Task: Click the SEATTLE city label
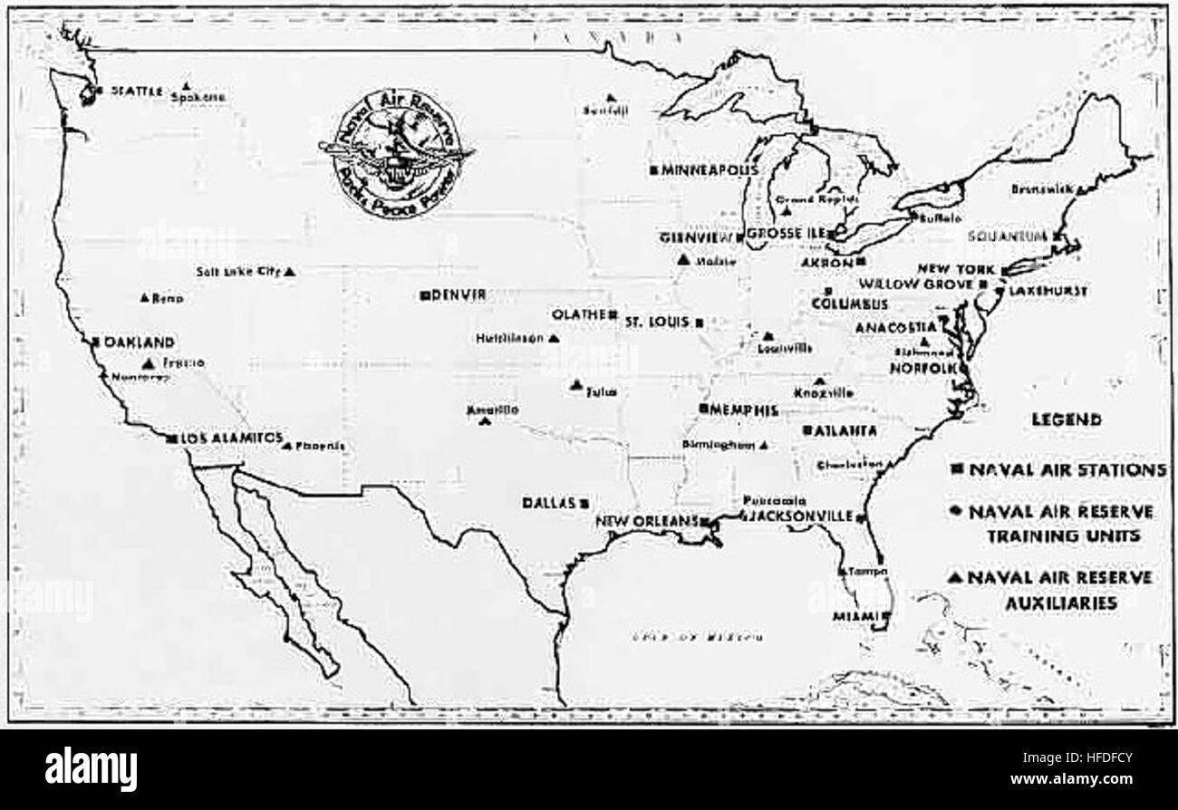(136, 91)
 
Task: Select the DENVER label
(459, 294)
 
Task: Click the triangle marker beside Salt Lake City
(289, 271)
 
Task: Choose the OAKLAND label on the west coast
(139, 342)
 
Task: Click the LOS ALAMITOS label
(226, 437)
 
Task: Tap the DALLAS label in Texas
(549, 502)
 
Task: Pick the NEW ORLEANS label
(646, 521)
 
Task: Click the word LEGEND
(1067, 419)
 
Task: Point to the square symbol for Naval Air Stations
(957, 469)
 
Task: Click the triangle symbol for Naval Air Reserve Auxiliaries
(957, 577)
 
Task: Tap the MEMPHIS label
(745, 410)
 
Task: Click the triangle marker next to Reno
(145, 297)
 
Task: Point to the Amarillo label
(493, 410)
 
